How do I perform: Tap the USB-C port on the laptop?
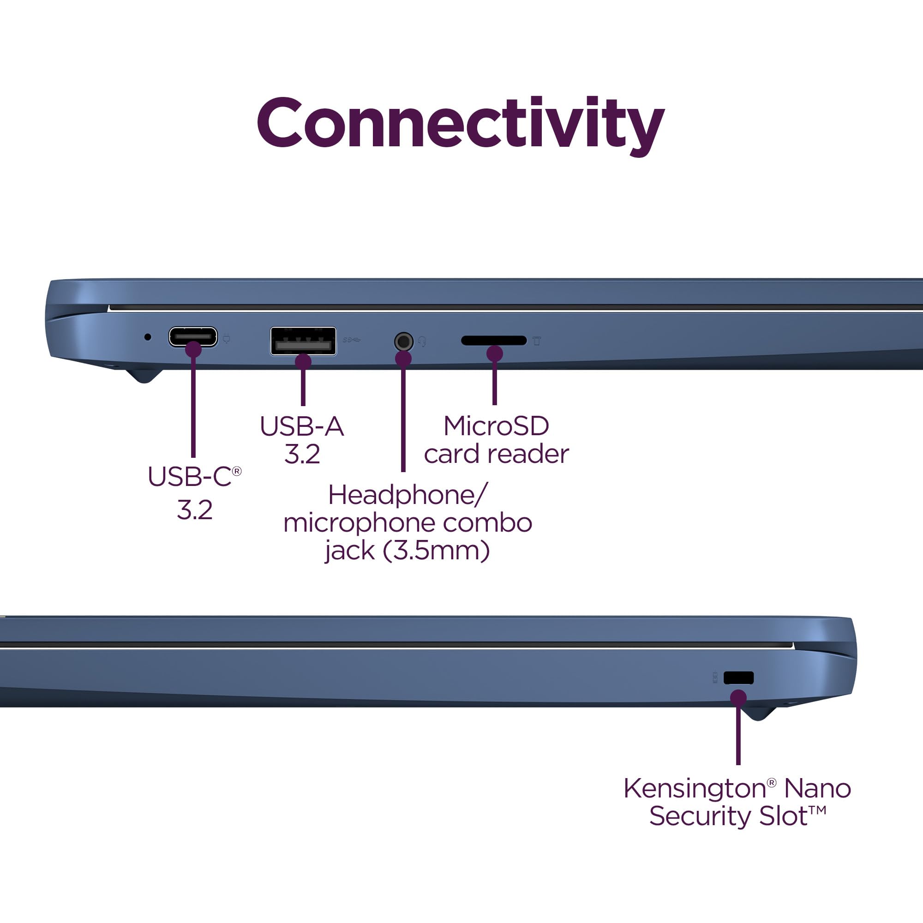[x=193, y=337]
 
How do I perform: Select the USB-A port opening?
[x=303, y=341]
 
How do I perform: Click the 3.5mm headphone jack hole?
[x=404, y=342]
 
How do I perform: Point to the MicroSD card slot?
[x=493, y=341]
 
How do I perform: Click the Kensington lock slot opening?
[x=738, y=677]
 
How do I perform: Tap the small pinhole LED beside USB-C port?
[x=148, y=337]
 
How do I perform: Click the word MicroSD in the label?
[x=496, y=426]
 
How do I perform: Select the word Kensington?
[x=695, y=788]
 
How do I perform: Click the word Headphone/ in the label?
[x=408, y=495]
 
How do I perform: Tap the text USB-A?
[x=302, y=426]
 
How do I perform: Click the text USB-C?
[x=190, y=477]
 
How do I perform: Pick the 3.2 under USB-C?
[x=194, y=510]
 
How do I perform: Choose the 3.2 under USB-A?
[x=302, y=454]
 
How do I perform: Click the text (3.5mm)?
[x=436, y=551]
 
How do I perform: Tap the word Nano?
[x=817, y=788]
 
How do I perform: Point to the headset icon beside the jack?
[x=422, y=342]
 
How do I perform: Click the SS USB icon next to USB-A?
[x=352, y=340]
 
